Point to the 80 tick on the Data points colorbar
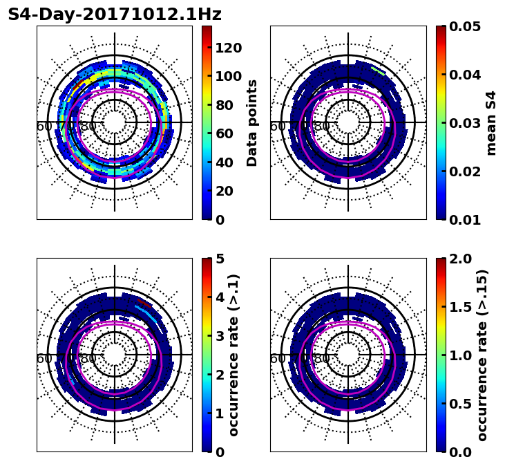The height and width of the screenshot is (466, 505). coord(227,105)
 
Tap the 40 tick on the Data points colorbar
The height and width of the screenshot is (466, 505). coord(227,162)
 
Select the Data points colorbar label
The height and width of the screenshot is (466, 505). coord(252,122)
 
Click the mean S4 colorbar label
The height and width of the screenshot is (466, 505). coord(491,122)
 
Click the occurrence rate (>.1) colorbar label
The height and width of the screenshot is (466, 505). coord(234,355)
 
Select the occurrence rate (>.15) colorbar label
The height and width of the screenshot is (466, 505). coord(482,355)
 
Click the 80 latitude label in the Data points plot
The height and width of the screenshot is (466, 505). coord(88,127)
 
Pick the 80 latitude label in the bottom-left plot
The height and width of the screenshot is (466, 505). coord(88,360)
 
